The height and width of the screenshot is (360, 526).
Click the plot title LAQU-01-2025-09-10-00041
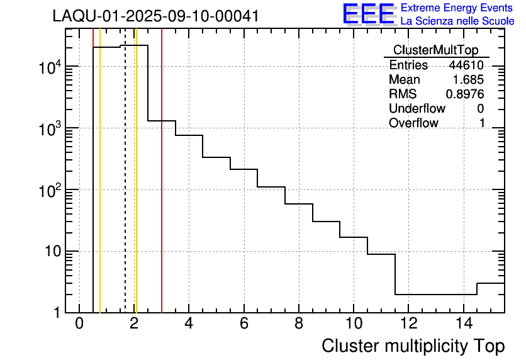point(155,16)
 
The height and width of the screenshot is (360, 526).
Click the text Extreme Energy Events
point(457,8)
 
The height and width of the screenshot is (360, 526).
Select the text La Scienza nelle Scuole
point(457,21)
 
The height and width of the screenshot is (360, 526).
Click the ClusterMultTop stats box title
point(435,50)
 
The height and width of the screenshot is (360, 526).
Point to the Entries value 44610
point(466,65)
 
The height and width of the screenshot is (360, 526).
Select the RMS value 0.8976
point(464,94)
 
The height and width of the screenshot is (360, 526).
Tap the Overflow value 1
point(482,123)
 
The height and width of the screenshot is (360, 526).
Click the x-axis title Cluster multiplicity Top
point(413,346)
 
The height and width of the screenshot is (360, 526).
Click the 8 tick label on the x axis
point(298,324)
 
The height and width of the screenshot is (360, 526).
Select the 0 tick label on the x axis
point(79,324)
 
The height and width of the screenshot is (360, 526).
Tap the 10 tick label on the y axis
point(50,252)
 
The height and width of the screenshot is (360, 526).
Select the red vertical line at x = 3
point(162,189)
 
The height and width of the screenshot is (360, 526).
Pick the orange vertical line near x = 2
point(136,189)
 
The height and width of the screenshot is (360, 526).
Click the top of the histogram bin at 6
point(243,169)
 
